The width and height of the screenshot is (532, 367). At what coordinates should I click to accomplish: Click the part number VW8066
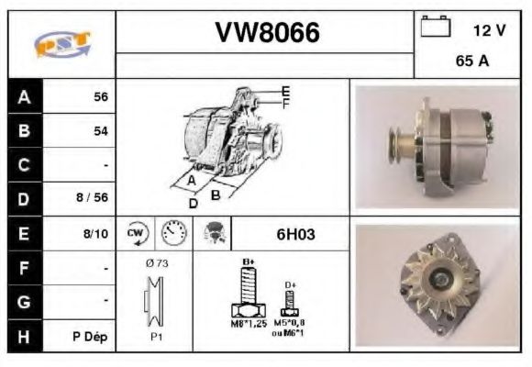267,33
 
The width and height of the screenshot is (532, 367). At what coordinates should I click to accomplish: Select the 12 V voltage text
488,29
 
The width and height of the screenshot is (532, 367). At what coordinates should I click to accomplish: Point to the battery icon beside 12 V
433,28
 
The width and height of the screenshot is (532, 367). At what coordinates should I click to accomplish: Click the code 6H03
294,234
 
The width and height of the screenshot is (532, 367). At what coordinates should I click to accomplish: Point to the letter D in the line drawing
193,203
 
